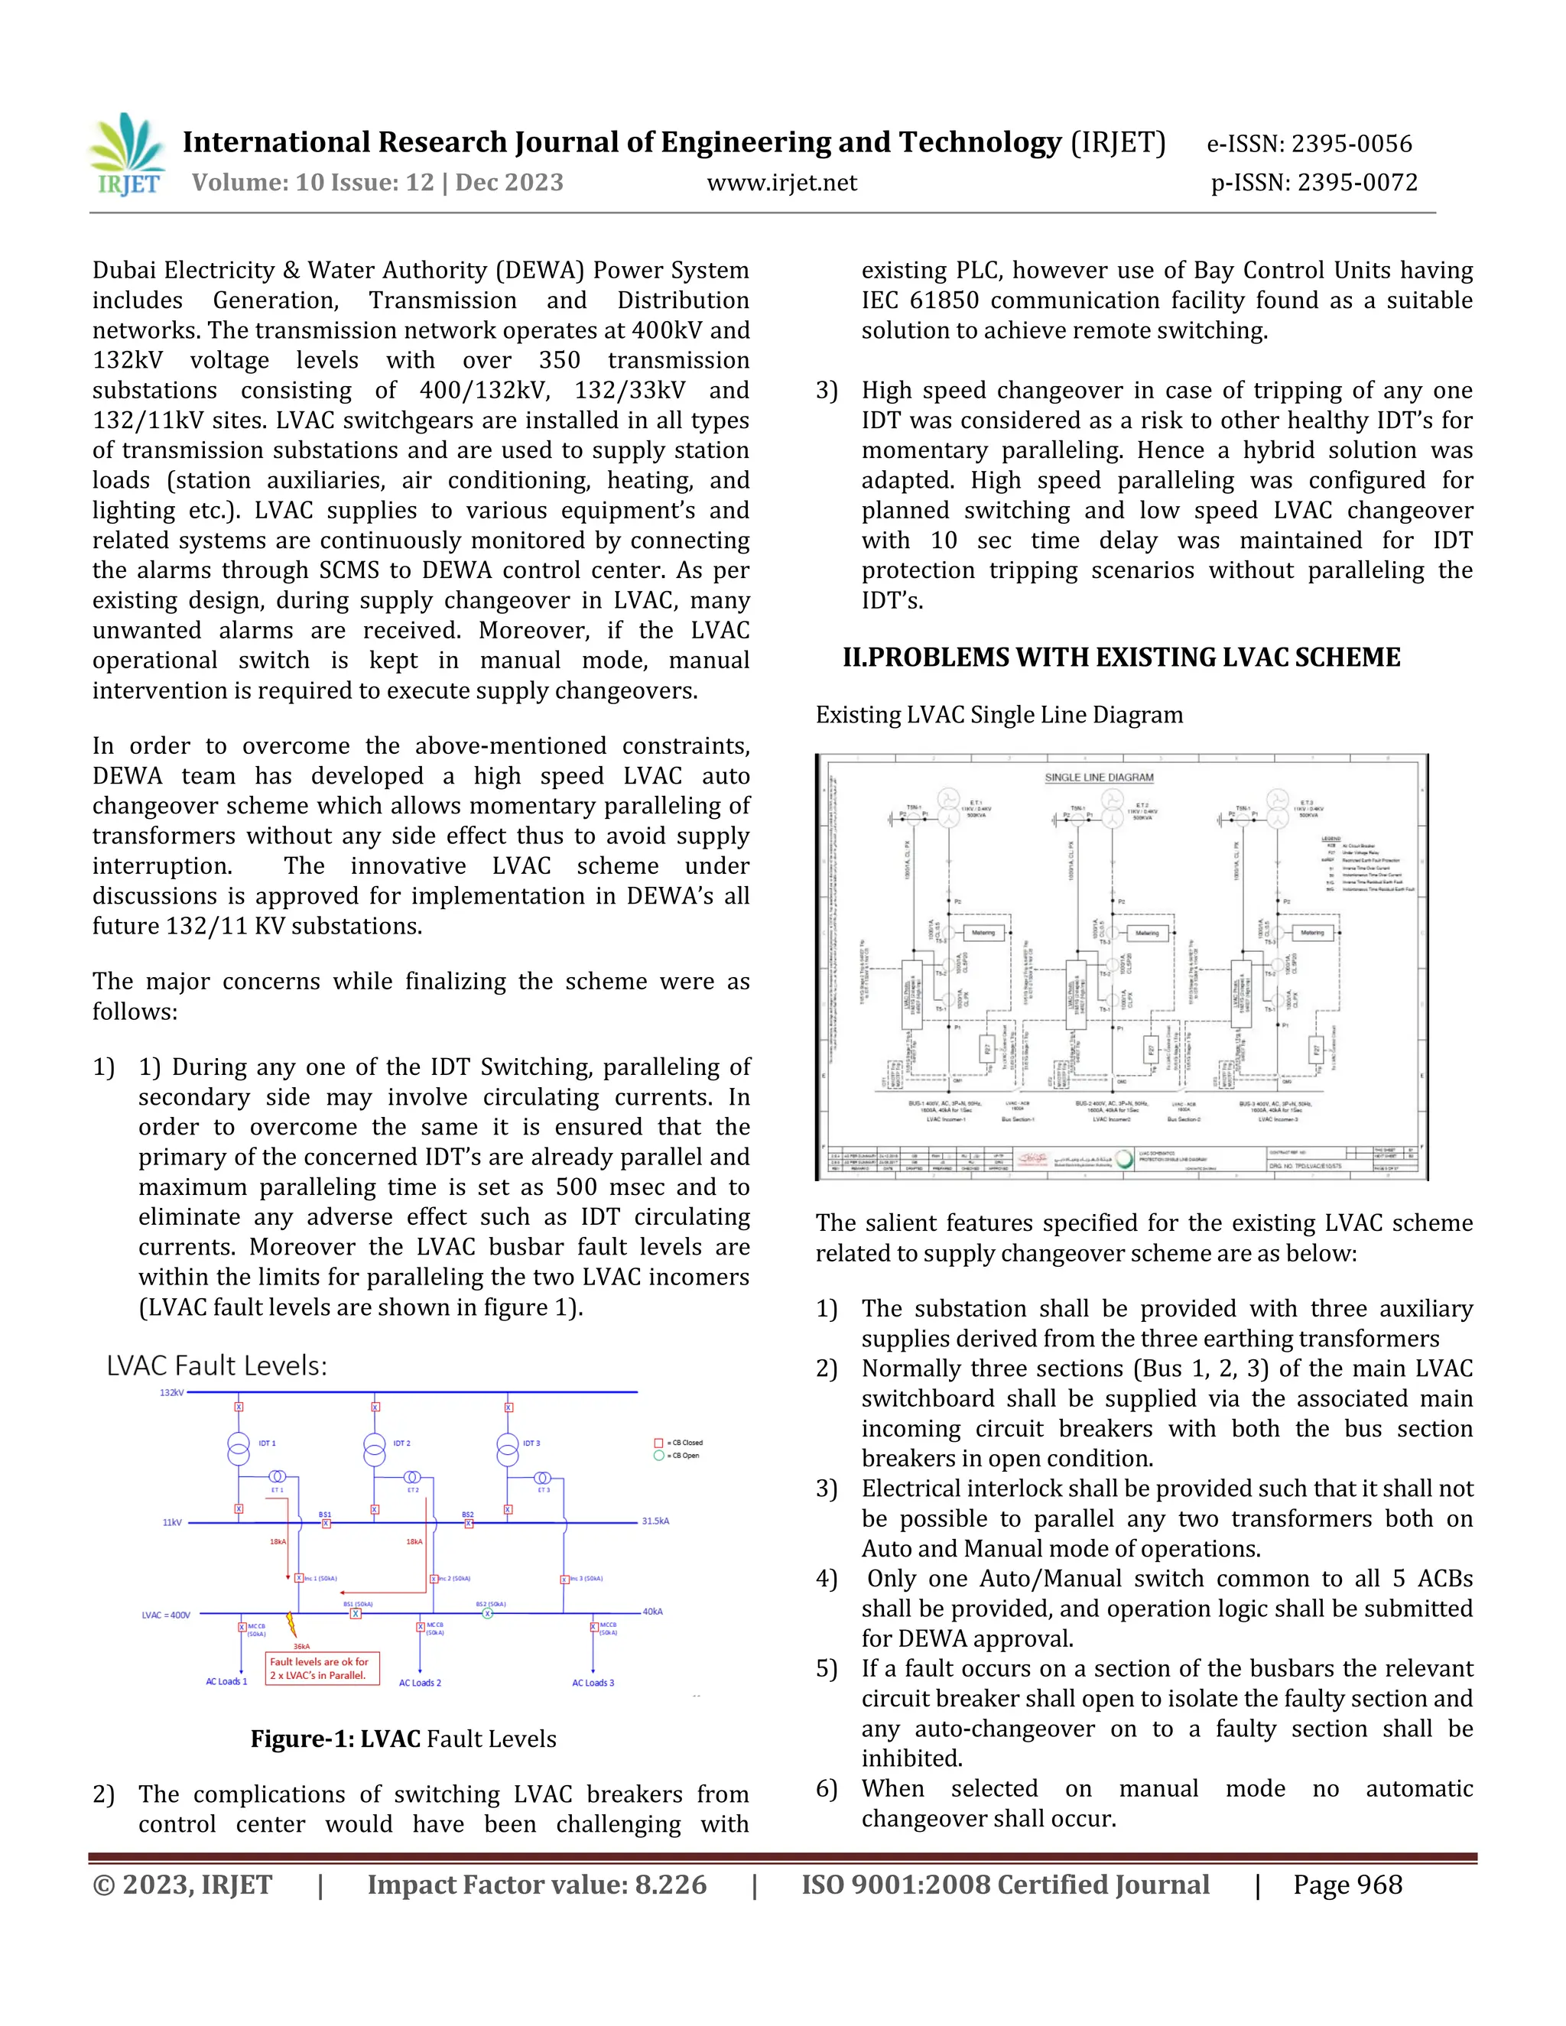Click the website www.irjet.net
pyautogui.click(x=781, y=183)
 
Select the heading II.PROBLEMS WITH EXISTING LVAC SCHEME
pyautogui.click(x=1121, y=657)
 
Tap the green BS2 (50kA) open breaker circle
pyautogui.click(x=488, y=1613)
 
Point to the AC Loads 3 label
pyautogui.click(x=593, y=1683)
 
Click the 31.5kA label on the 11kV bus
pyautogui.click(x=655, y=1521)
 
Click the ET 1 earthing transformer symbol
pyautogui.click(x=277, y=1477)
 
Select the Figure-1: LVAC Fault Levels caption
pyautogui.click(x=403, y=1739)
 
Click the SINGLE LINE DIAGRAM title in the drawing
pyautogui.click(x=1099, y=778)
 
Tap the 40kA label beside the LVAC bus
pyautogui.click(x=652, y=1612)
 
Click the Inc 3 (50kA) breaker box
pyautogui.click(x=565, y=1580)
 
